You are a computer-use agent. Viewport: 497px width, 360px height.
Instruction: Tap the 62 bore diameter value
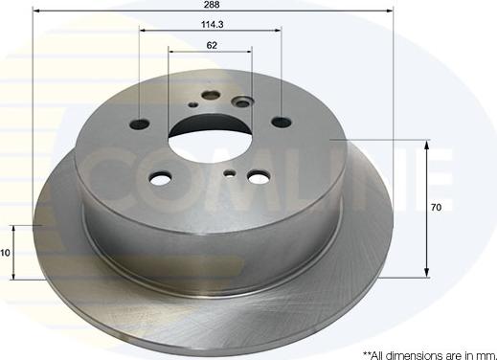(x=211, y=45)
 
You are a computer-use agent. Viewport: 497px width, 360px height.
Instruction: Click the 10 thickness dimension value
(x=5, y=253)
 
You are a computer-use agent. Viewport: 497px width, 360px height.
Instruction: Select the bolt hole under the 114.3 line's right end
(x=281, y=122)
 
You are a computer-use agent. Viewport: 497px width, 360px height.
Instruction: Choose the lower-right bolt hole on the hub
(x=259, y=177)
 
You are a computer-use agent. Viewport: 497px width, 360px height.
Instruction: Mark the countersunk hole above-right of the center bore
(x=242, y=101)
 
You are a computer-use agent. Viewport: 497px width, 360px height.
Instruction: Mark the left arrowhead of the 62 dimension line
(x=173, y=51)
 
